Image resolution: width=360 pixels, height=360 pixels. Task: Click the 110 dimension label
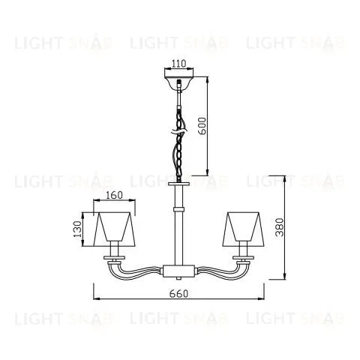[x=178, y=64]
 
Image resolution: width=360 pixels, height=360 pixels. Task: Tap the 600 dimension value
[x=202, y=126]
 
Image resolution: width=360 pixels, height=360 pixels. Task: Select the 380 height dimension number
[x=280, y=227]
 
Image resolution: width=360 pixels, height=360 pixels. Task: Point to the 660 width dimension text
[x=178, y=293]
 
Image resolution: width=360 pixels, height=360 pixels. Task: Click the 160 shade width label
[x=114, y=195]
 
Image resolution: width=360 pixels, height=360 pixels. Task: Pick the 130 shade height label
[x=77, y=229]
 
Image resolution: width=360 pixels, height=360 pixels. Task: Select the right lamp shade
[x=243, y=229]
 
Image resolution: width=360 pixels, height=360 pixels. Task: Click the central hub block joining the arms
[x=178, y=271]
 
